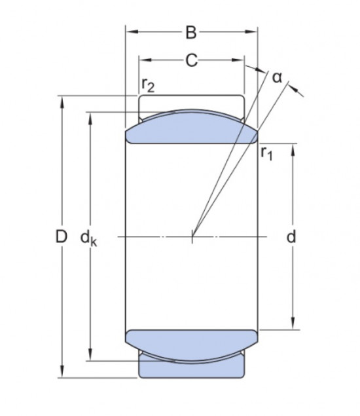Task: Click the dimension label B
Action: click(190, 31)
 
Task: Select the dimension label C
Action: click(190, 61)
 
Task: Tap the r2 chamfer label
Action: click(148, 86)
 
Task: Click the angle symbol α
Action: click(277, 77)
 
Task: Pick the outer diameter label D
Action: click(61, 237)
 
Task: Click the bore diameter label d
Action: click(292, 237)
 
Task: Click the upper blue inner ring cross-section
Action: click(190, 128)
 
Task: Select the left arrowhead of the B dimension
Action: click(130, 31)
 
